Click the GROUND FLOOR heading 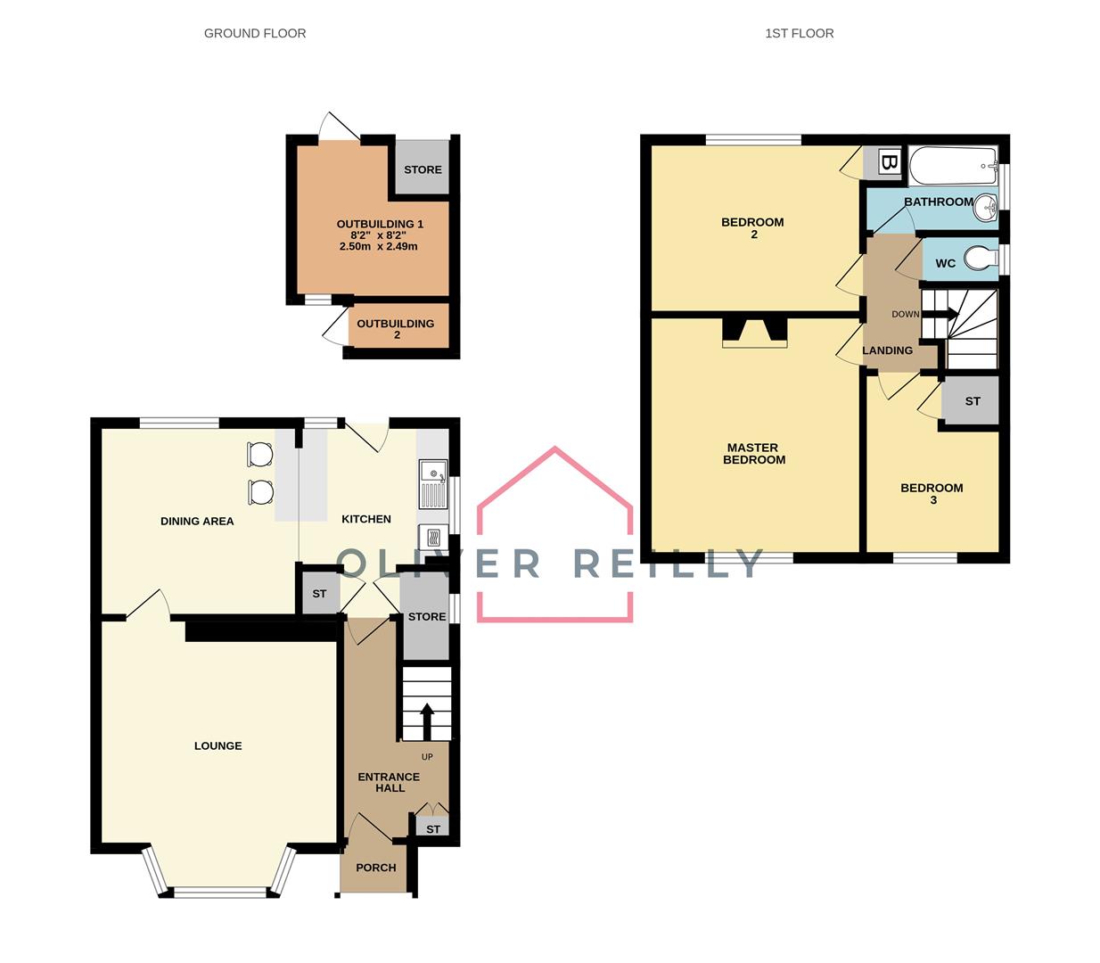[x=255, y=34]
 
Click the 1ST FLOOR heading [x=799, y=34]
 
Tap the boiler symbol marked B [x=888, y=162]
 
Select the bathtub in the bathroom [x=953, y=163]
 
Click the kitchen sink [x=434, y=482]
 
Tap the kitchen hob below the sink [x=432, y=537]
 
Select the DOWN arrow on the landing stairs [x=944, y=314]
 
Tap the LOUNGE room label [x=218, y=746]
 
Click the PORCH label [x=375, y=868]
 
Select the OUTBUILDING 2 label [x=396, y=329]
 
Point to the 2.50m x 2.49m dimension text [x=379, y=247]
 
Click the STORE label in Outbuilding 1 [x=423, y=169]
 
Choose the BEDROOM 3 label [x=932, y=494]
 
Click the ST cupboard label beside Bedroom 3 [x=973, y=401]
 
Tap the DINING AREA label [x=197, y=522]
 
